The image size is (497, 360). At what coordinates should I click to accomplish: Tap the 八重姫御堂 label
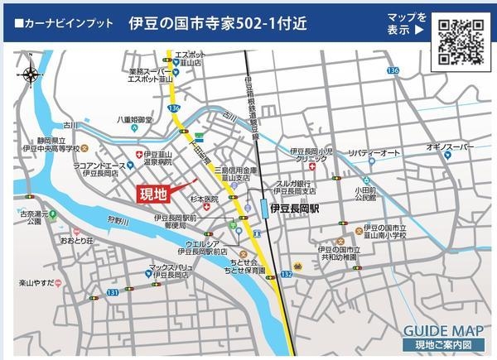(134, 120)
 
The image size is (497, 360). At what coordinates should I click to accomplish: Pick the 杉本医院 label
(204, 199)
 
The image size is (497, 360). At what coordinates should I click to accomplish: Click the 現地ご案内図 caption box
(438, 344)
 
